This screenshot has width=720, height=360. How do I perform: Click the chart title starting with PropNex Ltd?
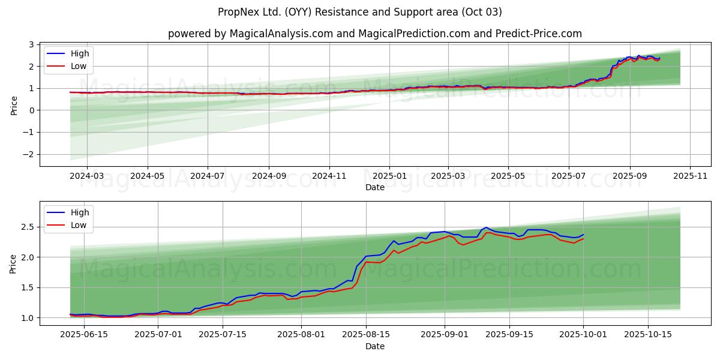coord(360,12)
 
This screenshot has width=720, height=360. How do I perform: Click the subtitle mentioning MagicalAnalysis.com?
coord(374,34)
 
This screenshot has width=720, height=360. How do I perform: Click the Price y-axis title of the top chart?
coord(14,105)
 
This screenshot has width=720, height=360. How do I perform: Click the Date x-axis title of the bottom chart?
coord(374,347)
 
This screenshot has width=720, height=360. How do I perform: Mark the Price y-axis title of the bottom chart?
coord(14,263)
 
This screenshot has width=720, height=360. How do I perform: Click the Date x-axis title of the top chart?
coord(374,188)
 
